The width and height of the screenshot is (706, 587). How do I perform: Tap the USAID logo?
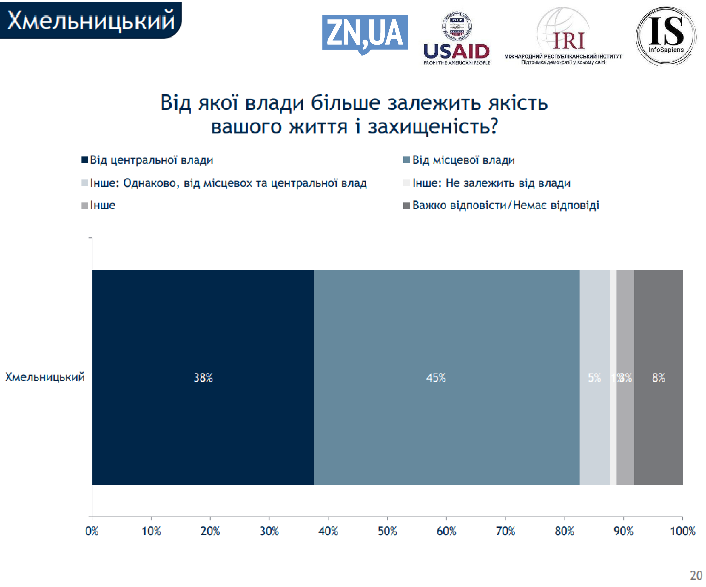point(457,39)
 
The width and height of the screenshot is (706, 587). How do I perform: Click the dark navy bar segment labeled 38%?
point(203,377)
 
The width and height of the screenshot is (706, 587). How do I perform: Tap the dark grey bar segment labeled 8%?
point(658,377)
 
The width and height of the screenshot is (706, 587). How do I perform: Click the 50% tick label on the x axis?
point(387,531)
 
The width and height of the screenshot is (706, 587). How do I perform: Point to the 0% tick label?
point(92,531)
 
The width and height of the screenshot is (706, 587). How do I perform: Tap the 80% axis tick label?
point(564,531)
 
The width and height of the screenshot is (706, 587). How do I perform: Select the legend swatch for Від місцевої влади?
point(406,160)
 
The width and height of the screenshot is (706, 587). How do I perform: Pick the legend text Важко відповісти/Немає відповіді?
point(506,205)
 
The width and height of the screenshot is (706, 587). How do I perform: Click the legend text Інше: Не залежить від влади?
point(491,183)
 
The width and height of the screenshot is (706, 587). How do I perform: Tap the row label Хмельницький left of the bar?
point(45,377)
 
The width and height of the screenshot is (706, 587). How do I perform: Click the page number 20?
point(696,575)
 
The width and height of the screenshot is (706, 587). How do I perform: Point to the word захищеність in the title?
point(433,127)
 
